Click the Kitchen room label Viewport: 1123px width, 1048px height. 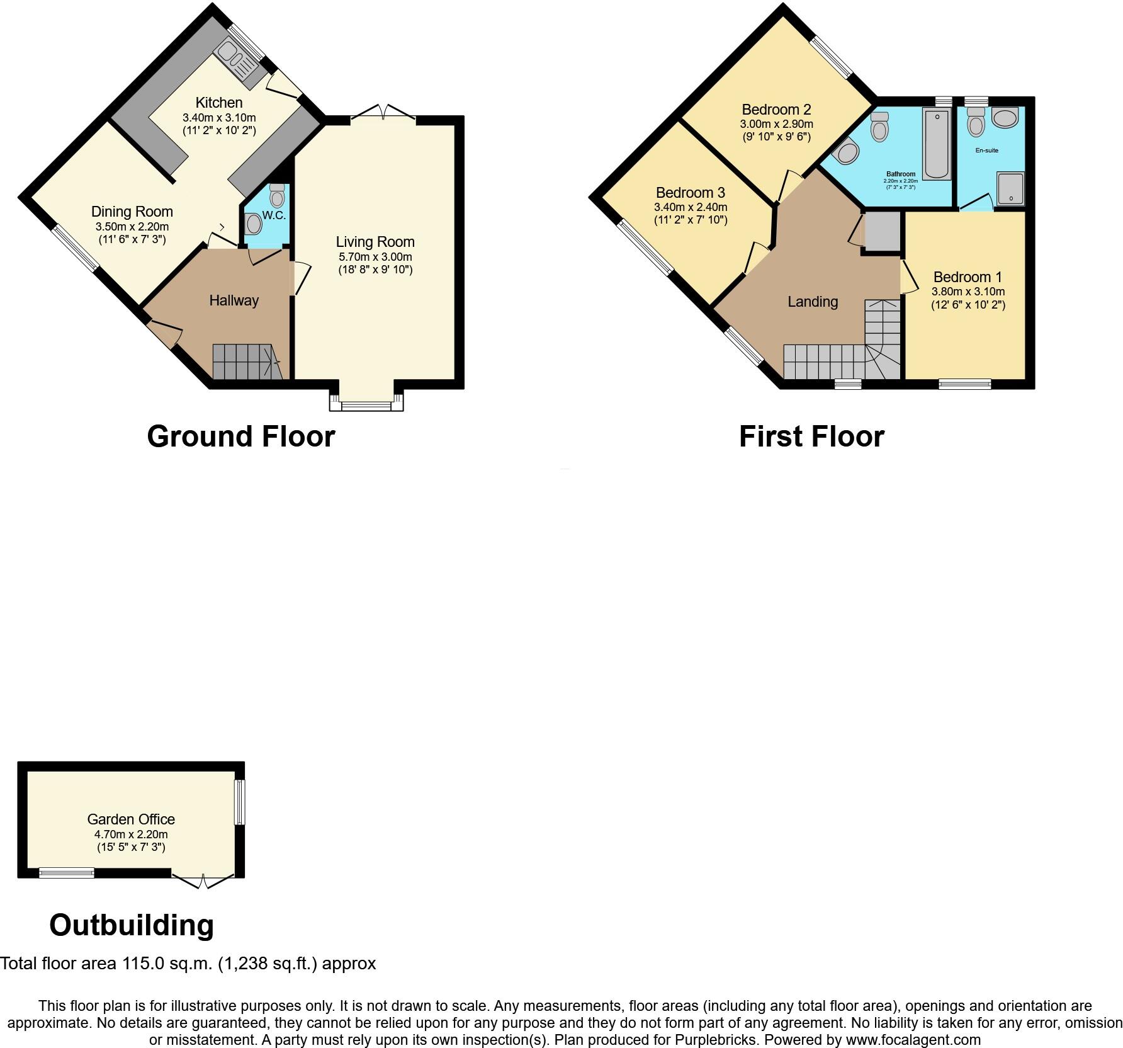pos(218,103)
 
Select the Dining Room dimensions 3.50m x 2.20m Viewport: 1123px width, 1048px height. pos(132,227)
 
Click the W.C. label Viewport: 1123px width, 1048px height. pos(274,215)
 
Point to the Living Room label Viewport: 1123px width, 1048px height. pos(375,242)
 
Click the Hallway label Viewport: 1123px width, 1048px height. pos(234,300)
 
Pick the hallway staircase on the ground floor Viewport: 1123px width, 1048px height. pos(245,362)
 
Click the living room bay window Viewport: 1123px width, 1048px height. pos(366,402)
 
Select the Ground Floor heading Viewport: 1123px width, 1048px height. pos(240,436)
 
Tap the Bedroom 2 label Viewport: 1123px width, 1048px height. pos(776,110)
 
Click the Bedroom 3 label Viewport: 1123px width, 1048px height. pos(690,193)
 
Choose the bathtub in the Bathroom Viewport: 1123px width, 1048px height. pos(937,144)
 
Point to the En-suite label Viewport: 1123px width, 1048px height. pos(986,151)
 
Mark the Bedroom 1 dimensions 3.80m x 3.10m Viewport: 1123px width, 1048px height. pos(968,292)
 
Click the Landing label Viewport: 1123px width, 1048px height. pos(813,302)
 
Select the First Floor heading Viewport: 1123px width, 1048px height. pos(811,436)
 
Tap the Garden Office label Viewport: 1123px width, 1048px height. pos(131,819)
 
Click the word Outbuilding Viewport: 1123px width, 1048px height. pos(132,925)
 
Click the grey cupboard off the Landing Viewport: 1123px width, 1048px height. pos(882,232)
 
